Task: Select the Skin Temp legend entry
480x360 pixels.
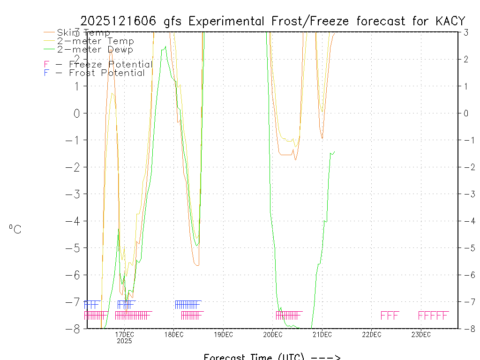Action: tap(83, 33)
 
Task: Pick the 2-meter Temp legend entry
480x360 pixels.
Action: tap(95, 41)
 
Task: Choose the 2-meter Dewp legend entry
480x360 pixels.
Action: tap(95, 50)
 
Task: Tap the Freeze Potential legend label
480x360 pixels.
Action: tap(111, 64)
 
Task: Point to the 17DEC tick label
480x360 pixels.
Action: tap(124, 334)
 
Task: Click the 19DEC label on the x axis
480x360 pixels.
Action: tap(223, 334)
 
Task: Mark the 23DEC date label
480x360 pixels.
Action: tap(421, 334)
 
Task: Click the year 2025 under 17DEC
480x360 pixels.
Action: tap(124, 341)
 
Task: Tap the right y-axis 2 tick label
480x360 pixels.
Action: tap(466, 59)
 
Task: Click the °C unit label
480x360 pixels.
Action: tap(15, 230)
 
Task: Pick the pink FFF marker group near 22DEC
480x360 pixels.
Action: tap(390, 315)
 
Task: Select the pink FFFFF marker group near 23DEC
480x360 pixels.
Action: tap(433, 315)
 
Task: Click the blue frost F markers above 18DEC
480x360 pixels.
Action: tap(187, 304)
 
